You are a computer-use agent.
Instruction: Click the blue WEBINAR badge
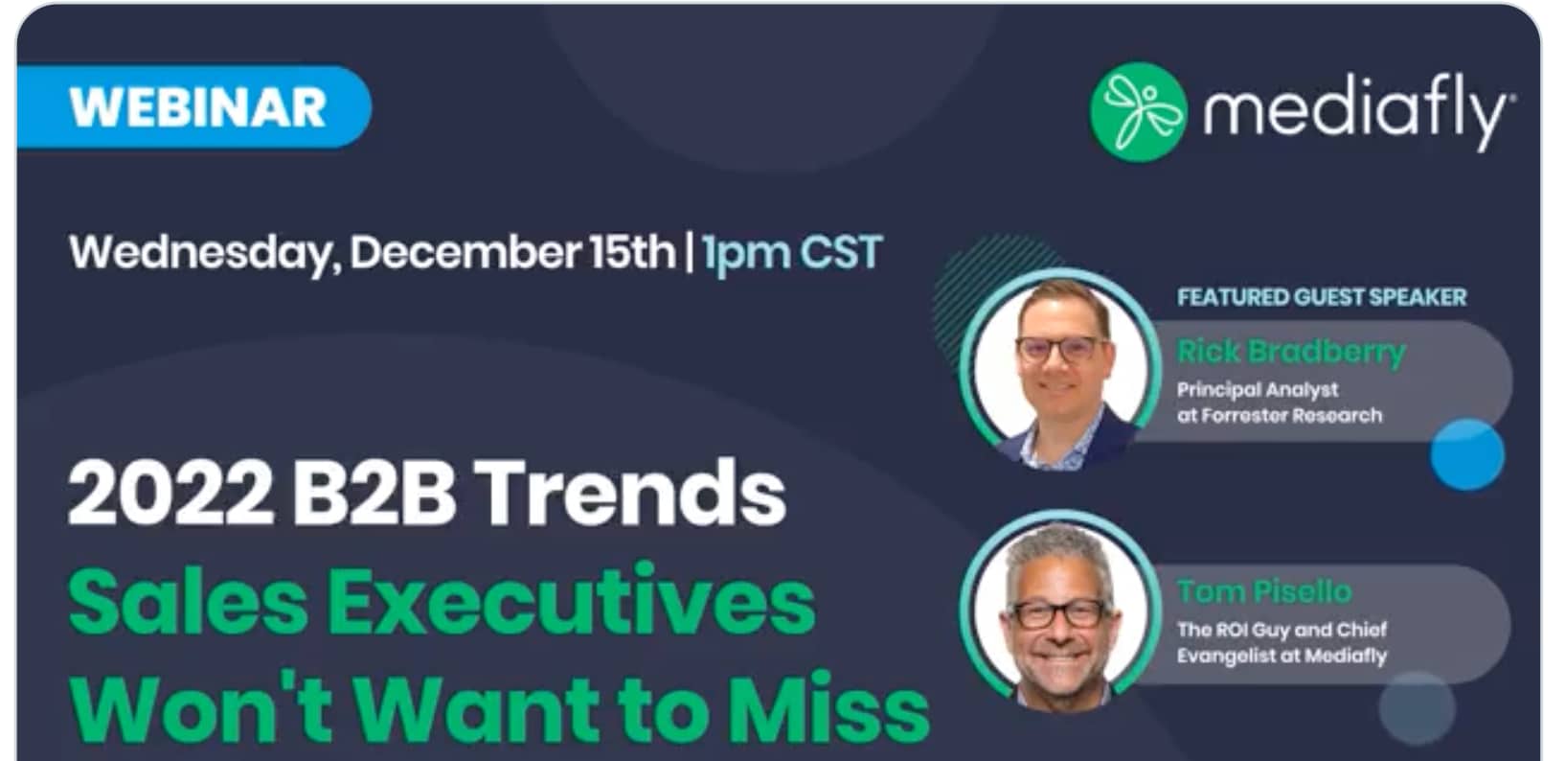[x=194, y=107]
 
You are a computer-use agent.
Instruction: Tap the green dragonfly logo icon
[x=1138, y=112]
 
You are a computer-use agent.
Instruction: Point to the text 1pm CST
[x=792, y=252]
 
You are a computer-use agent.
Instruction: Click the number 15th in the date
[x=632, y=251]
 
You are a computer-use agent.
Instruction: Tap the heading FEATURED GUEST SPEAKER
[x=1321, y=297]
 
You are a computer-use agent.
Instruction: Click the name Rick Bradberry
[x=1291, y=352]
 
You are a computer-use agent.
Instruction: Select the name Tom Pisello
[x=1264, y=591]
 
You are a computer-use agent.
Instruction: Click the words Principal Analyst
[x=1258, y=389]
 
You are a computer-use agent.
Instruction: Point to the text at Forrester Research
[x=1280, y=415]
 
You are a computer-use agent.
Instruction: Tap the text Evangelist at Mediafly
[x=1282, y=657]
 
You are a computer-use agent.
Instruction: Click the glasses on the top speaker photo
[x=1061, y=348]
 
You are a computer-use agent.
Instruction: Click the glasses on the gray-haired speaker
[x=1057, y=614]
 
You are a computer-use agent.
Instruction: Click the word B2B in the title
[x=374, y=493]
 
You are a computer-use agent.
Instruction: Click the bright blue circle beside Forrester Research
[x=1466, y=454]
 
